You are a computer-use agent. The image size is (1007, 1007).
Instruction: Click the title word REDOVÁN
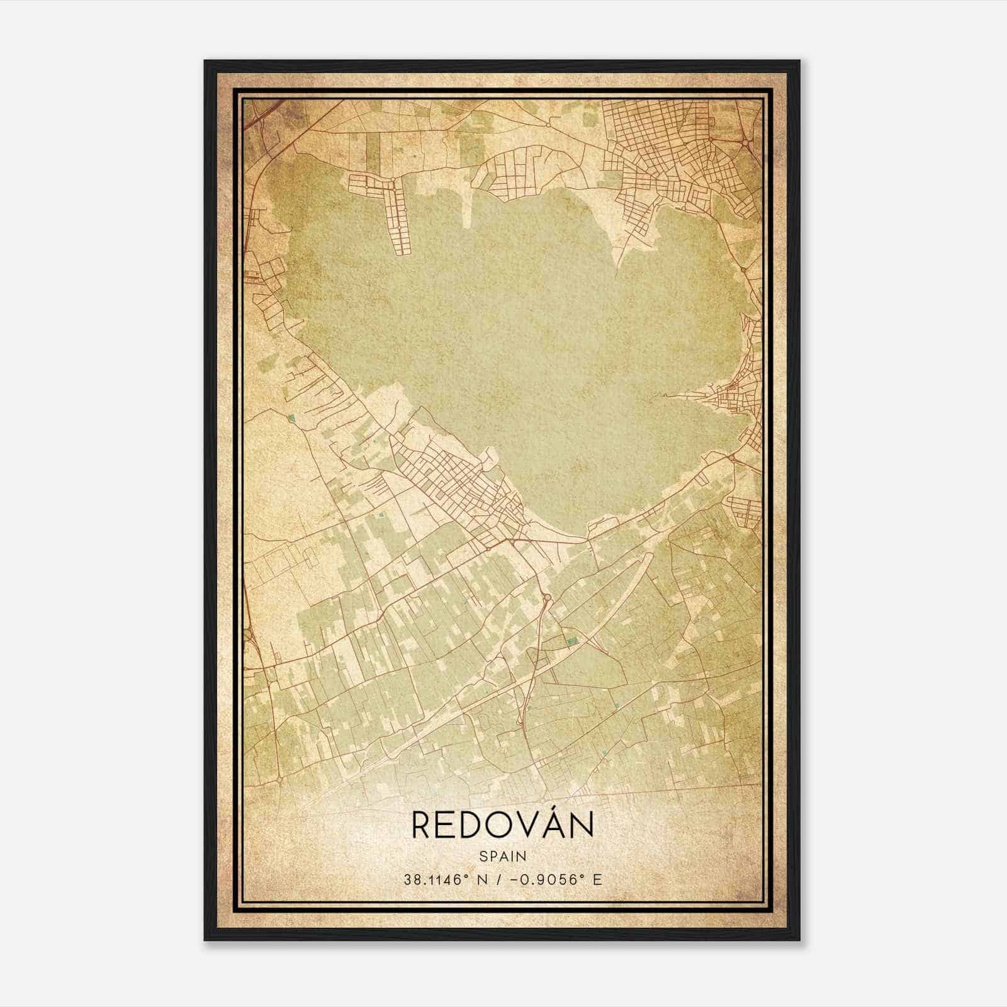[x=502, y=825]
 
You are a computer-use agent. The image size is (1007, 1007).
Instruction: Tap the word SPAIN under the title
[x=502, y=856]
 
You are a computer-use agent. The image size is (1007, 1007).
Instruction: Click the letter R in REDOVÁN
[x=422, y=826]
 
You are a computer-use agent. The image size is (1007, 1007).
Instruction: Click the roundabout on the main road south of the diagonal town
[x=546, y=596]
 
